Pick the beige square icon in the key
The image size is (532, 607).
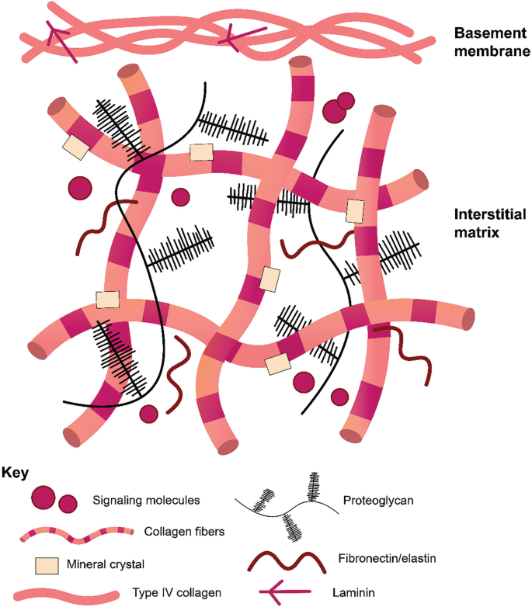click(47, 564)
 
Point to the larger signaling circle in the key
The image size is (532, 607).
click(43, 498)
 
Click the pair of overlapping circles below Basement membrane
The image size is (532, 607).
click(338, 108)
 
